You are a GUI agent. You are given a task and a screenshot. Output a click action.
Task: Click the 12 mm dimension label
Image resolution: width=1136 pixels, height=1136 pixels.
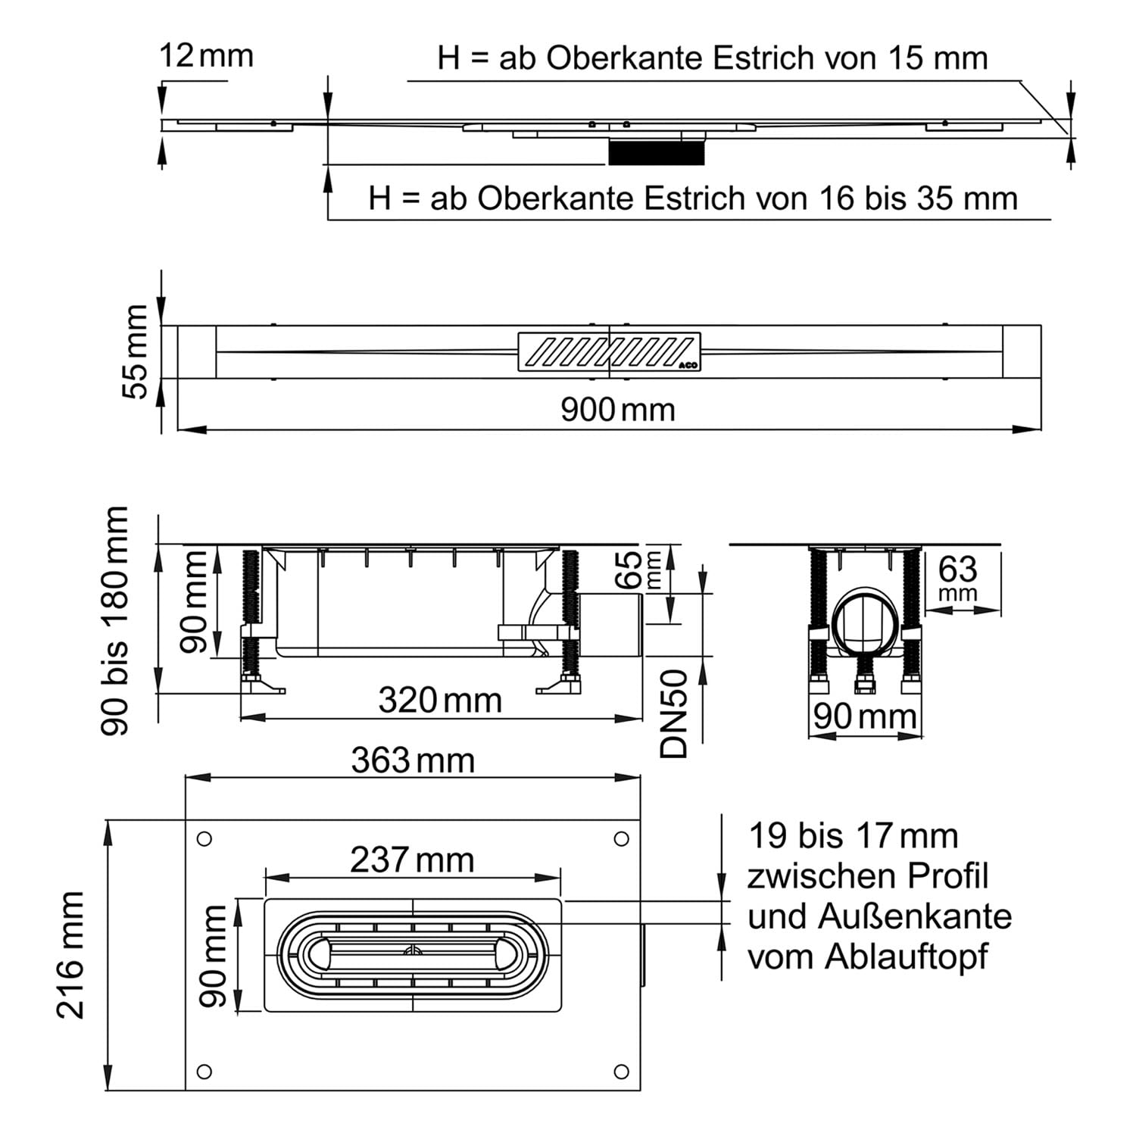206,56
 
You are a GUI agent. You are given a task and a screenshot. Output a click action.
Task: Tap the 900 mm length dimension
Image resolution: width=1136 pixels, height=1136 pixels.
617,410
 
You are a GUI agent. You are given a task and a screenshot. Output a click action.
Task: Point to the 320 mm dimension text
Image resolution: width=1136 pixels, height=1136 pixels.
440,701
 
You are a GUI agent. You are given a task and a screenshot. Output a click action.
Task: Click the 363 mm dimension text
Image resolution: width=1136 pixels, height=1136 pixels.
413,760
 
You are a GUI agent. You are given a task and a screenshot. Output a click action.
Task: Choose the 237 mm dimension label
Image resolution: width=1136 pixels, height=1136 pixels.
412,860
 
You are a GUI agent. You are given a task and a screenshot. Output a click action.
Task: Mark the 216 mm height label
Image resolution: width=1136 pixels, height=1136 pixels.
71,954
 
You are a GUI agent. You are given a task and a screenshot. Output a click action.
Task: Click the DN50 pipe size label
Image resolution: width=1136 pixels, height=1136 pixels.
673,713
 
